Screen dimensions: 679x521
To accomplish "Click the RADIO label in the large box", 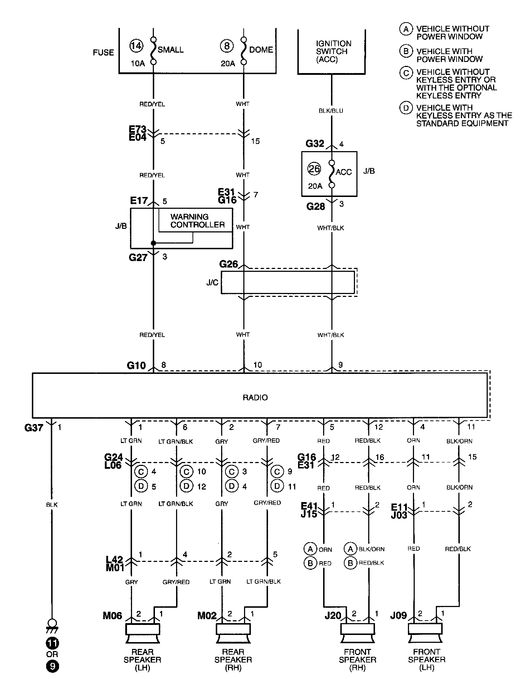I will tap(255, 398).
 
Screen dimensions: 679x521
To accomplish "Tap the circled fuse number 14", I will tap(136, 46).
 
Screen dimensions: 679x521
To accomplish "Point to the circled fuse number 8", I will tap(227, 46).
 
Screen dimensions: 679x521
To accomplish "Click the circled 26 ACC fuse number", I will tap(314, 169).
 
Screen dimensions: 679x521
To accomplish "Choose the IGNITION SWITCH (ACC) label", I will tap(333, 52).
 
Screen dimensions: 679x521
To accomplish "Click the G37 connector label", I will tap(34, 428).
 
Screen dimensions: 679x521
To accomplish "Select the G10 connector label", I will tap(136, 366).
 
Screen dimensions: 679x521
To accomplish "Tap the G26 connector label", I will tap(228, 264).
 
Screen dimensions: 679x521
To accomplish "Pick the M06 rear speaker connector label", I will tap(112, 616).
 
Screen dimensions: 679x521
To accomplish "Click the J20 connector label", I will tap(333, 616).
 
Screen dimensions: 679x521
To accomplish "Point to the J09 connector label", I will tap(399, 616).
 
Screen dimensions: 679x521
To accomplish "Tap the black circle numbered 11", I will tap(52, 644).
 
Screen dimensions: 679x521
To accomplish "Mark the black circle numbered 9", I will tap(52, 666).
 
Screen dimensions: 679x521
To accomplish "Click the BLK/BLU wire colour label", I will tap(331, 111).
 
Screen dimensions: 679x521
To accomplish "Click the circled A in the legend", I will tap(406, 29).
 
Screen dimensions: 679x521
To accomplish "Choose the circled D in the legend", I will tap(406, 108).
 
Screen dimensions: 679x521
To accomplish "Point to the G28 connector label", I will tap(316, 207).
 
